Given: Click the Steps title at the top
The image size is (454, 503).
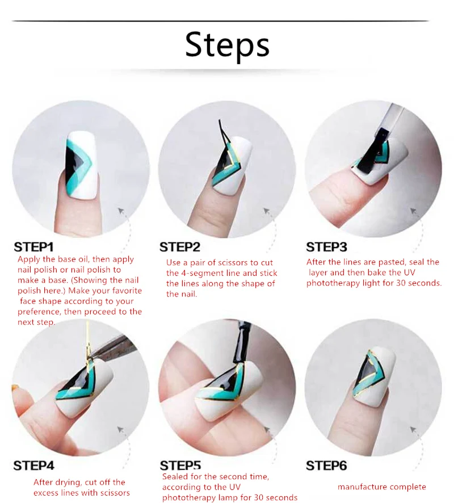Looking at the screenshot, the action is [227, 45].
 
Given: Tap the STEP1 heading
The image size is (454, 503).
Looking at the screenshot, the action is [33, 247].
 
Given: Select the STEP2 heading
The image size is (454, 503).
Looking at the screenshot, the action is [180, 247].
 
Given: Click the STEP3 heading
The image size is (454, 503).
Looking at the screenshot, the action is [326, 247].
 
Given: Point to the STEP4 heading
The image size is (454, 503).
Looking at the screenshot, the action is [33, 466].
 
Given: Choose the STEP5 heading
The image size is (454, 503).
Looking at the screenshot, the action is [180, 466].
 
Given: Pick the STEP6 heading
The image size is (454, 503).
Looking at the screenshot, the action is [326, 466].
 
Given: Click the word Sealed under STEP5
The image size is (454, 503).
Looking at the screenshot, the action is [174, 477].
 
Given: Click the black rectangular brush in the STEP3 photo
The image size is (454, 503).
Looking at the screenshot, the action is [375, 151].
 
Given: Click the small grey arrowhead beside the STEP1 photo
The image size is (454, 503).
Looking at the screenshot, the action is [121, 211].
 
